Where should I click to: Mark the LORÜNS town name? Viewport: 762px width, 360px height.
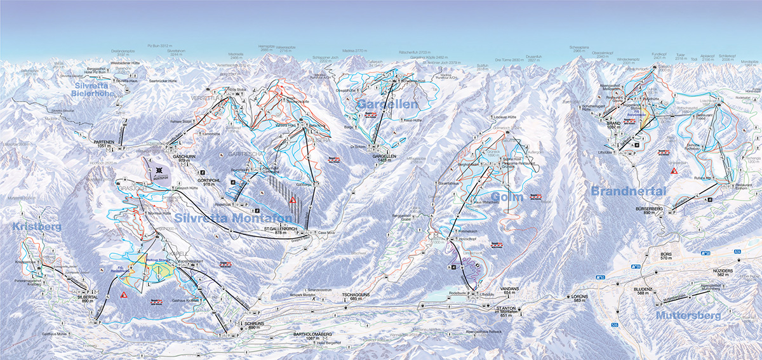[578, 296]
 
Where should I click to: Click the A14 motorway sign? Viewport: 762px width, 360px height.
[737, 252]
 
